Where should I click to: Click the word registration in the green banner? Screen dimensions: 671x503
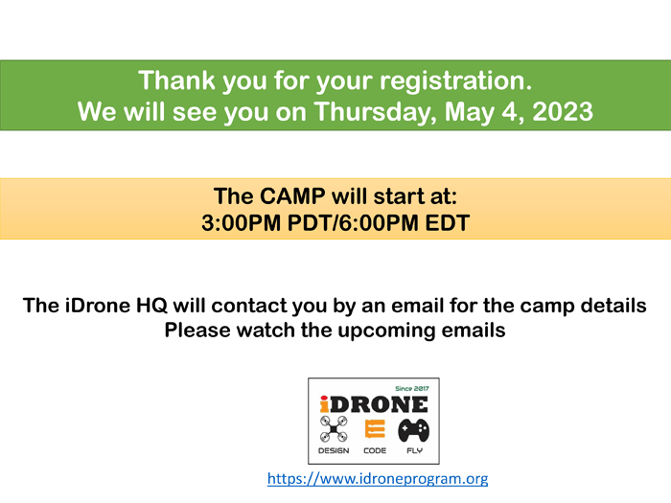(x=455, y=80)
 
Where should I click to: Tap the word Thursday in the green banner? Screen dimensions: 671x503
(x=376, y=112)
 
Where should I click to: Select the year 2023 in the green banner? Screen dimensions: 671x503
(x=563, y=112)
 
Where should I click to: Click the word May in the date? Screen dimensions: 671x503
(x=470, y=113)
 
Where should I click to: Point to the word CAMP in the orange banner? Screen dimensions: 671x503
(x=292, y=195)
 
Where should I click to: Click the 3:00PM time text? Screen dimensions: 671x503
(x=241, y=223)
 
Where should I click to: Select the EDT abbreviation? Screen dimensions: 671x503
(x=448, y=223)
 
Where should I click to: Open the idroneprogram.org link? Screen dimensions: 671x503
(x=378, y=478)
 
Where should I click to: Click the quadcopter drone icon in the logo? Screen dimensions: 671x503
(x=334, y=429)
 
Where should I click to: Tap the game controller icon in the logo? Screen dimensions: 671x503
(x=413, y=430)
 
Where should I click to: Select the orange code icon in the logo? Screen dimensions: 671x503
(x=375, y=429)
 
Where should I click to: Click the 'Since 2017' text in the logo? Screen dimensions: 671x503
(x=411, y=388)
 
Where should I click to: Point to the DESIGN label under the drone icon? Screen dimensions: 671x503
(x=334, y=450)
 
